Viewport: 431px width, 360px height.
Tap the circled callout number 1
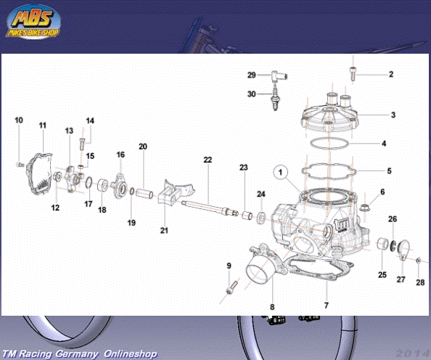tap(280, 173)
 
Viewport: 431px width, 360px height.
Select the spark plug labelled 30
tap(274, 98)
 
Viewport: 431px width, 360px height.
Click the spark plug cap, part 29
tap(279, 75)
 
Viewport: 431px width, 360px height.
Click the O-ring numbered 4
tap(329, 144)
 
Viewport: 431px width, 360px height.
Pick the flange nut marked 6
tap(365, 208)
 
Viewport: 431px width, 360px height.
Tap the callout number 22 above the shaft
tap(208, 160)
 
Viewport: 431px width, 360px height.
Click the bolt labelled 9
tap(231, 287)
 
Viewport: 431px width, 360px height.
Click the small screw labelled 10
tap(20, 165)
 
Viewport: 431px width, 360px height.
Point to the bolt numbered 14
tap(83, 144)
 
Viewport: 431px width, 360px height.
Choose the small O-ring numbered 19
tap(131, 191)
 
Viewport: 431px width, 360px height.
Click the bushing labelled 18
tap(103, 185)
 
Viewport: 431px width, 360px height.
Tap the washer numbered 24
tap(261, 217)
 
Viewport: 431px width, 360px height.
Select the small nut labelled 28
tap(418, 260)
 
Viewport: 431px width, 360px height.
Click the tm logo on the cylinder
tap(341, 224)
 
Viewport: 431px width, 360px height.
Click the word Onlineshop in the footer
tap(131, 353)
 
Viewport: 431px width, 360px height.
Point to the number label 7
tap(327, 305)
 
